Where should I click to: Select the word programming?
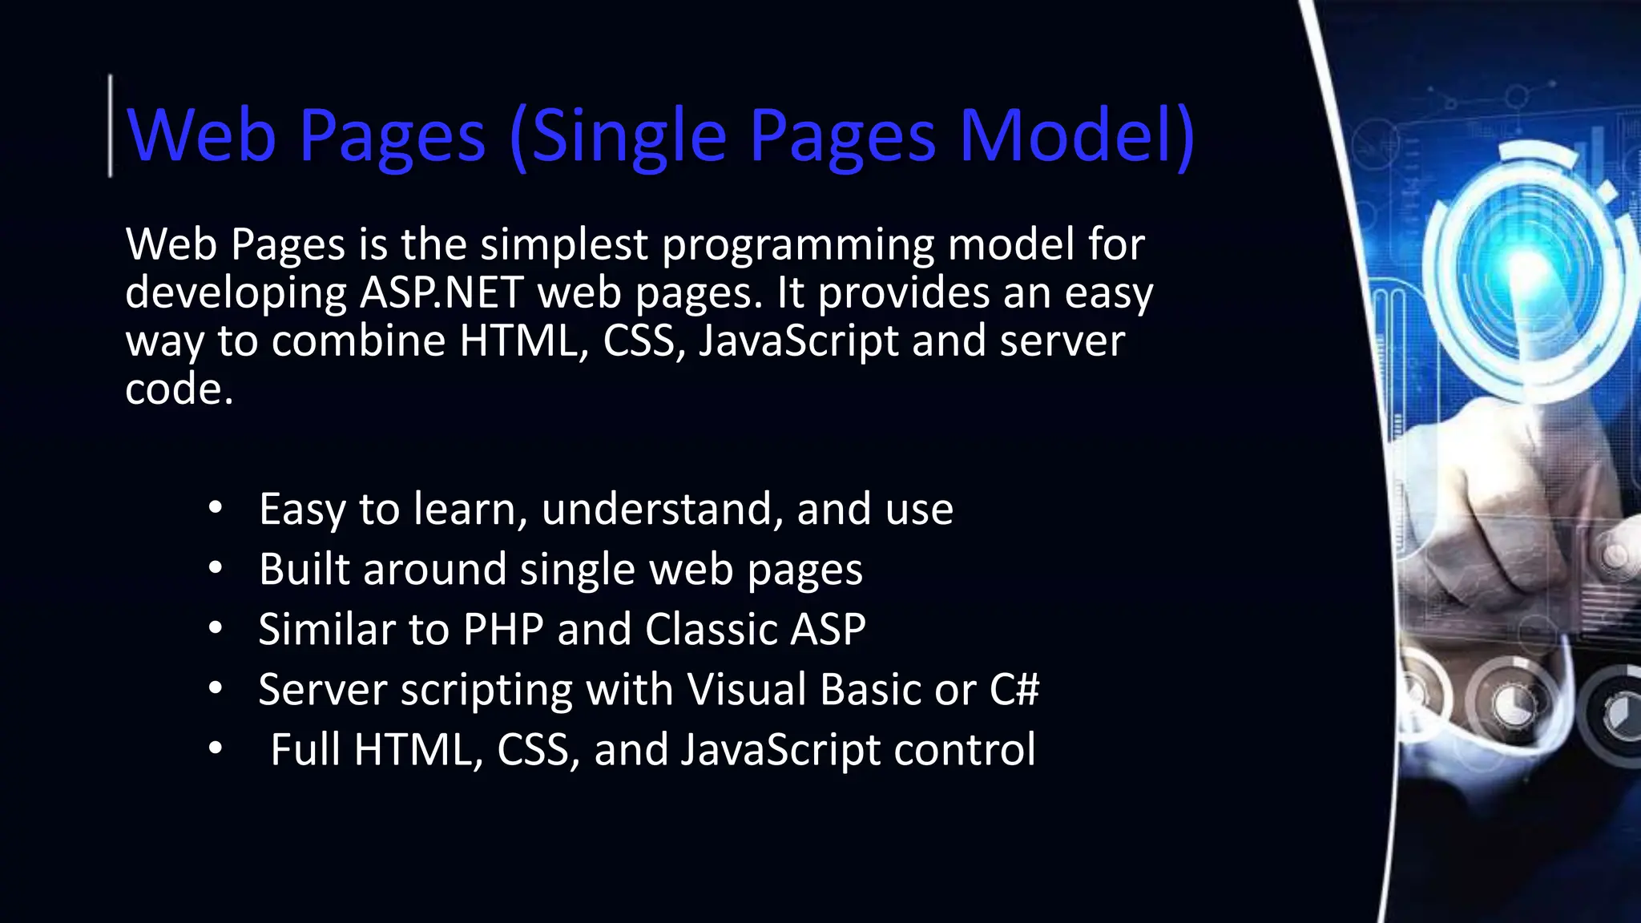click(x=798, y=246)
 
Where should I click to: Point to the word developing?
click(x=236, y=294)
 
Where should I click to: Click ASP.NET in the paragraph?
click(x=441, y=292)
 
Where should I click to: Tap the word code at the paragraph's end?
click(x=179, y=389)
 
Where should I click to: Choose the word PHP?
click(x=504, y=629)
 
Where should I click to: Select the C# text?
click(x=1014, y=689)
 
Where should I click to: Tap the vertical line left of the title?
click(x=111, y=125)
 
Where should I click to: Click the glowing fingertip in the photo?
click(x=1526, y=272)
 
